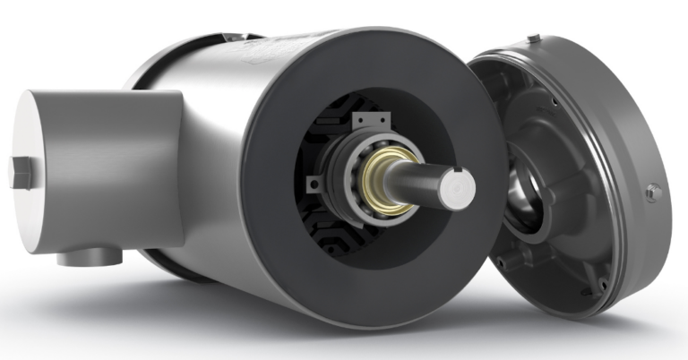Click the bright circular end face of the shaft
point(458,187)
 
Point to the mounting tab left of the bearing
point(314,184)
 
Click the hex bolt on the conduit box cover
point(19,172)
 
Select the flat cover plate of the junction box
point(40,170)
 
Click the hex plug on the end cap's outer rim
point(653,192)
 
